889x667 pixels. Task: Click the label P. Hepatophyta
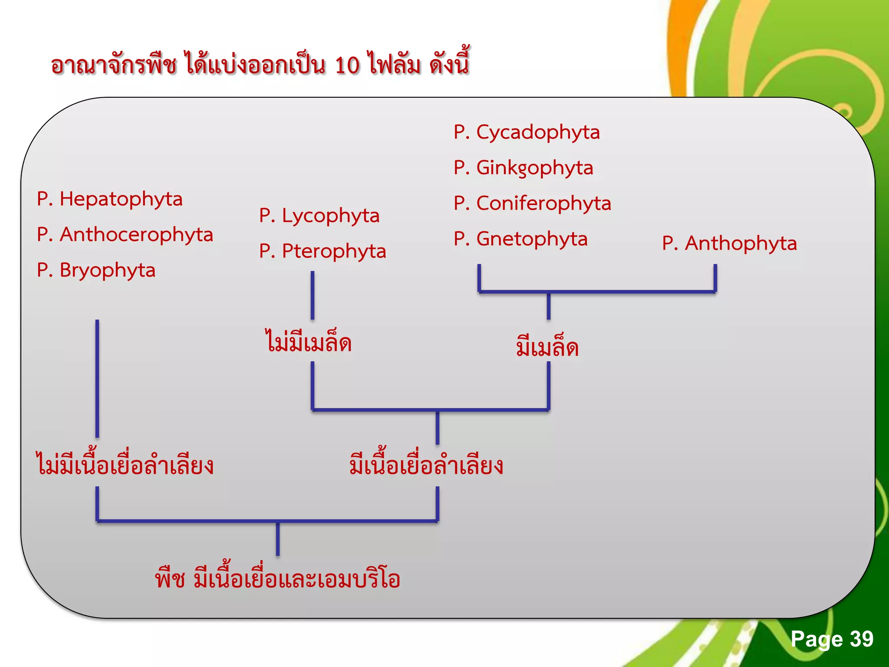pos(109,199)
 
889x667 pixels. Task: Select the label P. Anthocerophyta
pos(125,235)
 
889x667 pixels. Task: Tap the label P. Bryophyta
pos(96,271)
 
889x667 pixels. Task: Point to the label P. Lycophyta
pos(319,216)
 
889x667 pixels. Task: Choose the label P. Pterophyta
pos(323,251)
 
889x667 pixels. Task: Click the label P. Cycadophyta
pos(527,132)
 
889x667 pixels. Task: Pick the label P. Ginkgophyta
pos(523,168)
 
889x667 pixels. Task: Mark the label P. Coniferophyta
pos(532,204)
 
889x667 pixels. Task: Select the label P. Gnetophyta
pos(520,239)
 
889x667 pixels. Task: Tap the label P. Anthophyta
pos(729,244)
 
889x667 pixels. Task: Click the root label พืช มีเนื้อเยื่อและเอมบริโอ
pos(277,579)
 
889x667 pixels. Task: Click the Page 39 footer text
pos(831,639)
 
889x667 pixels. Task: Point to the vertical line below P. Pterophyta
pos(312,295)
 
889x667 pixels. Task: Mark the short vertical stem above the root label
pos(277,539)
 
